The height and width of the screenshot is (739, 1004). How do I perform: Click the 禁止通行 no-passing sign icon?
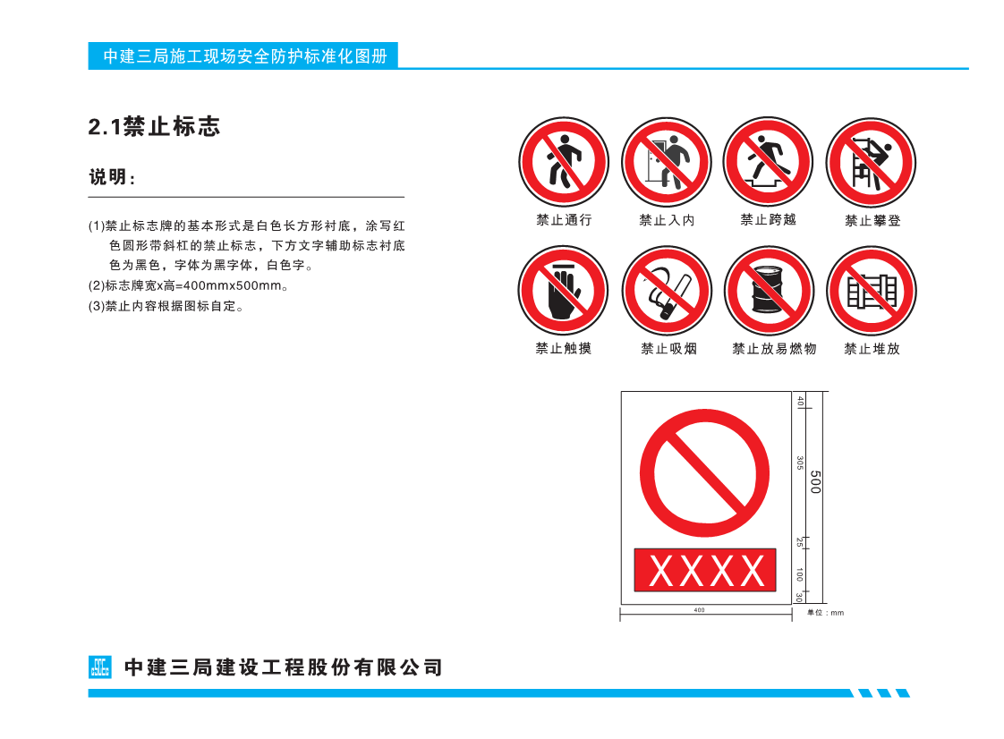point(564,162)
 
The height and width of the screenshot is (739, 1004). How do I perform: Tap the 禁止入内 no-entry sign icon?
point(667,162)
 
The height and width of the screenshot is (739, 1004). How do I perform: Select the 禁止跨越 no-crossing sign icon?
point(768,161)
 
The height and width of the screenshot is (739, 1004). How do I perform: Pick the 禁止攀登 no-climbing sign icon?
point(871,163)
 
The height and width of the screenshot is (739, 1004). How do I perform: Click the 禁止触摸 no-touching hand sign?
point(564,290)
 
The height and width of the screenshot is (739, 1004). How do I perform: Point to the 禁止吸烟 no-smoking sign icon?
point(668,291)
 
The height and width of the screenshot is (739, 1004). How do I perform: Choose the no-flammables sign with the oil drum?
point(769,292)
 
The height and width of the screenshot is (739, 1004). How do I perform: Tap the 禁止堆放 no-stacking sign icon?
point(872,292)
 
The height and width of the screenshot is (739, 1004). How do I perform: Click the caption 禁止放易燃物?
point(774,349)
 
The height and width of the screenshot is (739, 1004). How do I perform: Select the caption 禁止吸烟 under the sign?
point(668,349)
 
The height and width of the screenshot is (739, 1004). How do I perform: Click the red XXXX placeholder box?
point(705,570)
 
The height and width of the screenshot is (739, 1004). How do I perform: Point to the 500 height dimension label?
point(815,481)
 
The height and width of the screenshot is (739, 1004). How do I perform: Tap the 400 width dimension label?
point(699,610)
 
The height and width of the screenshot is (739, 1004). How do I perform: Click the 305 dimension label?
point(800,463)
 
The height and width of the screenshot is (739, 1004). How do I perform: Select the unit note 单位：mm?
point(825,613)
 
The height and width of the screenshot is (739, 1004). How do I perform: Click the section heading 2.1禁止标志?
point(154,126)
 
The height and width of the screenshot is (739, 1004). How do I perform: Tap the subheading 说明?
point(113,177)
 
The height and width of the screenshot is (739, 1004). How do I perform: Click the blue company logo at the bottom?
point(100,667)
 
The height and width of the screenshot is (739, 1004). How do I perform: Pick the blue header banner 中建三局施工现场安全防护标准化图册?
point(243,55)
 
